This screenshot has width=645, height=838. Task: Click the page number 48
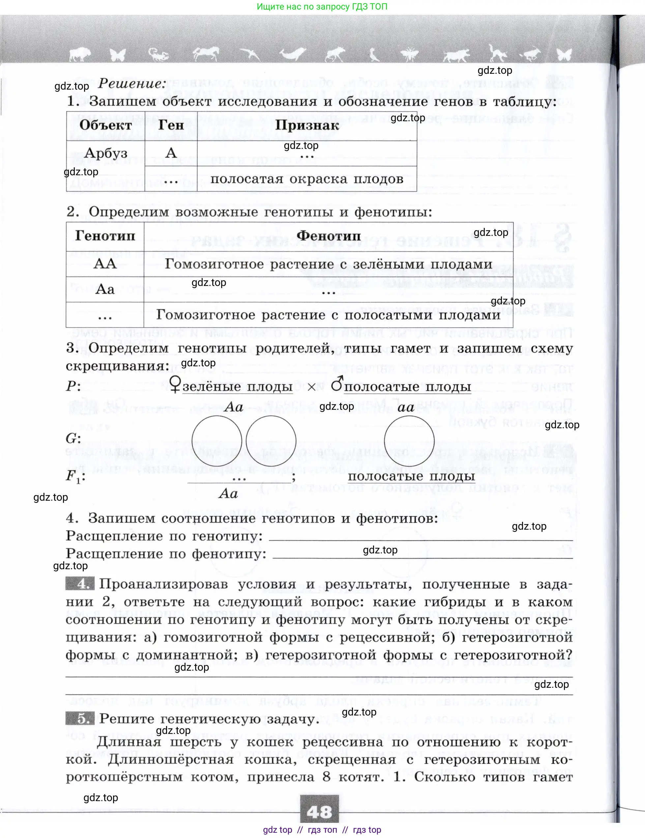319,812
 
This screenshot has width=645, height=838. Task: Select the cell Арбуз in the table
106,153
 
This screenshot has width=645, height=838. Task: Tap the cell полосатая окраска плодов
307,179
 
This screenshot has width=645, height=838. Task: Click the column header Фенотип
329,236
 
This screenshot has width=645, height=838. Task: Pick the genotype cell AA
105,264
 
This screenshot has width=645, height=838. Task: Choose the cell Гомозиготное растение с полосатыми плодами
328,315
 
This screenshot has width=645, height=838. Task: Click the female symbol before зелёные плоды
175,385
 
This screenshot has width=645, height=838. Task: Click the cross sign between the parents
311,387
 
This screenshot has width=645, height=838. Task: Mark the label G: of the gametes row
73,438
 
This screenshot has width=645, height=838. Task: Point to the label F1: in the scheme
75,477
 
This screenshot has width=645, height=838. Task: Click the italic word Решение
132,84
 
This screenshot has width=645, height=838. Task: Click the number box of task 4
80,584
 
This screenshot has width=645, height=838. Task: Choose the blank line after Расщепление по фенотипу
422,554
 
